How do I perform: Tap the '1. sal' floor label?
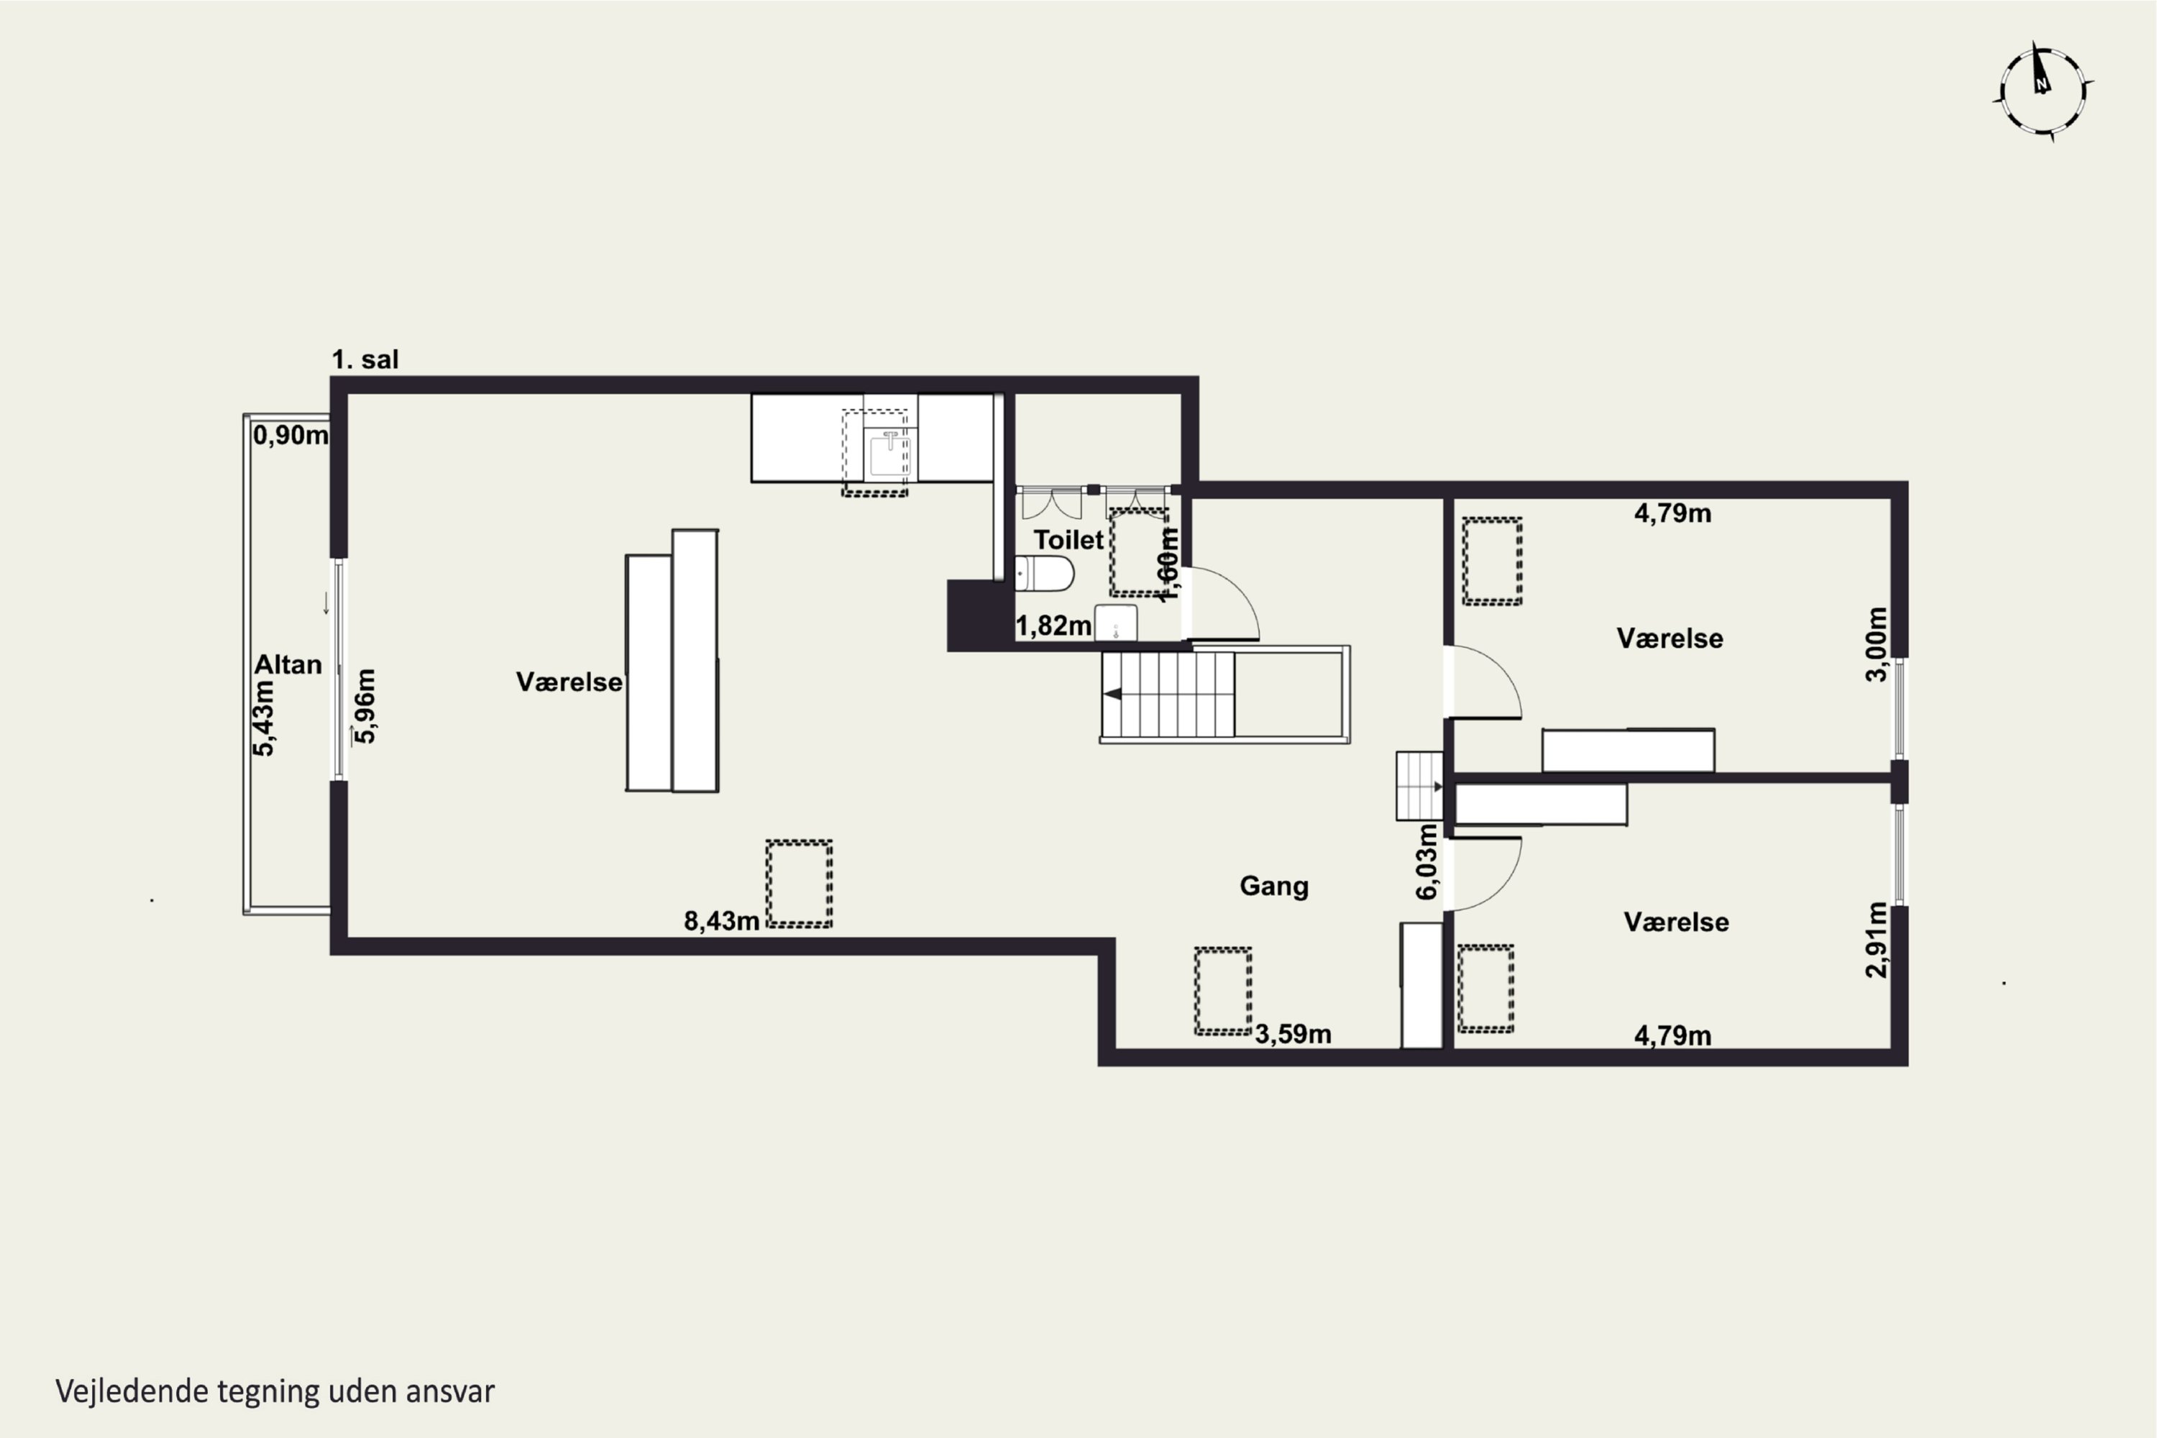pyautogui.click(x=365, y=359)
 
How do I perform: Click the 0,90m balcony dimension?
pyautogui.click(x=290, y=435)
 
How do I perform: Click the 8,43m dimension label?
pyautogui.click(x=722, y=921)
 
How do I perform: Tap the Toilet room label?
pyautogui.click(x=1068, y=539)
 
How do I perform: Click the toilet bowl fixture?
pyautogui.click(x=1045, y=573)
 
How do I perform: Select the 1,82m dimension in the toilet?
pyautogui.click(x=1054, y=626)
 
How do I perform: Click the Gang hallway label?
pyautogui.click(x=1274, y=886)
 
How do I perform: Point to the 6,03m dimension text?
pyautogui.click(x=1427, y=862)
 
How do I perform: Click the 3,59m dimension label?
pyautogui.click(x=1293, y=1034)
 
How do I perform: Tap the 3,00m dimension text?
pyautogui.click(x=1877, y=645)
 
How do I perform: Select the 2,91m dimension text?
pyautogui.click(x=1877, y=940)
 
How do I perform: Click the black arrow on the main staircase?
pyautogui.click(x=1112, y=695)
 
